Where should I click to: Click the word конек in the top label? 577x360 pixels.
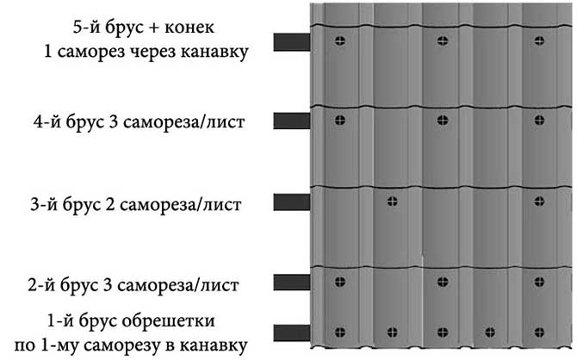(x=189, y=28)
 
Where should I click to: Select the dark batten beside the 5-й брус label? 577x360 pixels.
(x=292, y=42)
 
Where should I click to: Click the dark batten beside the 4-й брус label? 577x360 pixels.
(x=292, y=121)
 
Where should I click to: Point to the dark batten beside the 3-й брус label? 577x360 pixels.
(x=292, y=202)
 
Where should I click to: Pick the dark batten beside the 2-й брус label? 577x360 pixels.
(x=292, y=282)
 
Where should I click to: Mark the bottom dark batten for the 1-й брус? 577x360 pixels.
(x=292, y=332)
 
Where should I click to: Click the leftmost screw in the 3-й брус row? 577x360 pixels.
(x=393, y=202)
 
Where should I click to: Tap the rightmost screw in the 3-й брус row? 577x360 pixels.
(x=539, y=202)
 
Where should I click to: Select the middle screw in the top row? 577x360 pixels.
(x=443, y=40)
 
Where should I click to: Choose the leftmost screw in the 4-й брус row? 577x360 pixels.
(x=340, y=120)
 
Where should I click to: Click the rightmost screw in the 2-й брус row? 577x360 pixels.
(x=539, y=282)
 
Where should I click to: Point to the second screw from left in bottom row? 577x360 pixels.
(x=393, y=332)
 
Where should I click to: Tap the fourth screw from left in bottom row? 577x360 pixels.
(x=490, y=332)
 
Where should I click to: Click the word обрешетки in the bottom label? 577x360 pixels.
(x=168, y=321)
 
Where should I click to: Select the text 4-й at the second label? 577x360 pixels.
(x=47, y=121)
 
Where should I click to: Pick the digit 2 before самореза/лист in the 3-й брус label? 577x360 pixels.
(x=110, y=205)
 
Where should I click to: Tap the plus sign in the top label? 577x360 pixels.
(x=152, y=28)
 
